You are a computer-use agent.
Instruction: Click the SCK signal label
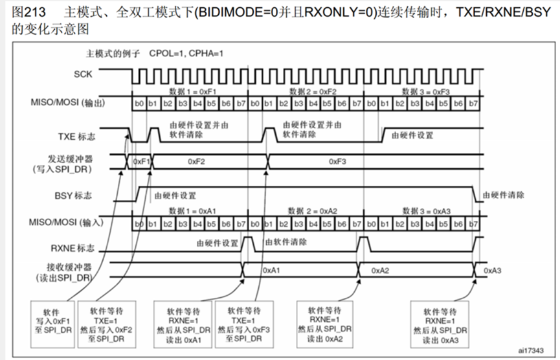(83, 74)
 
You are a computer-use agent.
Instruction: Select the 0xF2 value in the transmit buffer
(197, 161)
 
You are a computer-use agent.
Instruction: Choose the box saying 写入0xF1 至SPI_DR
(54, 320)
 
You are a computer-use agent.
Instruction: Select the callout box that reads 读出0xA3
(443, 320)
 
